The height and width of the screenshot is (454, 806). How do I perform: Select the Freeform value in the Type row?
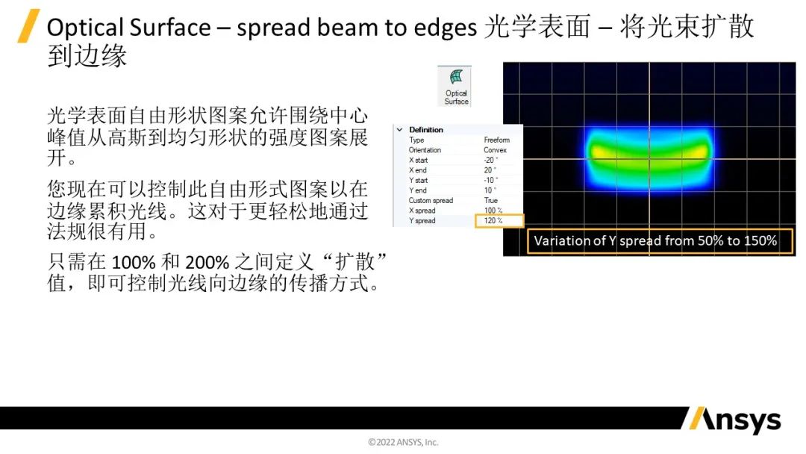pyautogui.click(x=496, y=140)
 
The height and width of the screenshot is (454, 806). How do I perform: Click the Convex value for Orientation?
pyautogui.click(x=494, y=150)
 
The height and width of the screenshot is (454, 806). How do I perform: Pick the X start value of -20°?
pyautogui.click(x=490, y=160)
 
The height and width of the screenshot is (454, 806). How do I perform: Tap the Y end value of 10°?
pyautogui.click(x=490, y=190)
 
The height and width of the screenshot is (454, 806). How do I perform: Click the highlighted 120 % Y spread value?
pyautogui.click(x=493, y=221)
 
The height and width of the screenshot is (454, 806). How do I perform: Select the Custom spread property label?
pyautogui.click(x=431, y=201)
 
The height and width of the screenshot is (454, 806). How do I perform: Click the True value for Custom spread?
pyautogui.click(x=490, y=201)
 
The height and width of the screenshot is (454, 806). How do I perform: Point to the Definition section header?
pyautogui.click(x=426, y=130)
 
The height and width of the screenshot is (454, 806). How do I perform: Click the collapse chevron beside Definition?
pyautogui.click(x=400, y=130)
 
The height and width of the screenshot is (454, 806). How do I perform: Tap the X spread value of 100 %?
pyautogui.click(x=493, y=211)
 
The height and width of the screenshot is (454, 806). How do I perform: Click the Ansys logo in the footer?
pyautogui.click(x=732, y=420)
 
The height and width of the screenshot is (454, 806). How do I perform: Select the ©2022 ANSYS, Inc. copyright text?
pyautogui.click(x=403, y=442)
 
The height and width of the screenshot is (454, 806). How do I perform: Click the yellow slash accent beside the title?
pyautogui.click(x=28, y=26)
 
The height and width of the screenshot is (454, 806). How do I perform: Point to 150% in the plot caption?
pyautogui.click(x=759, y=241)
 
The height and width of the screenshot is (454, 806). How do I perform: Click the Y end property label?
pyautogui.click(x=418, y=190)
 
